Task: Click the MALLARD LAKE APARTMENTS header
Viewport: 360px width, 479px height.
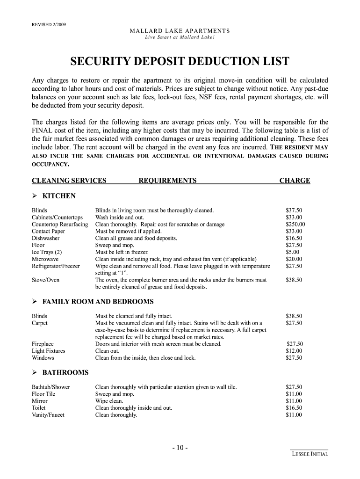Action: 180,31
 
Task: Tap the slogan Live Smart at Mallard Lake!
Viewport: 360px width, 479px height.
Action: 180,37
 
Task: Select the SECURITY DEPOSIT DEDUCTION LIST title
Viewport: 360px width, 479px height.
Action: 180,61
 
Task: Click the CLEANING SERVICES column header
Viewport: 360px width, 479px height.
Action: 69,181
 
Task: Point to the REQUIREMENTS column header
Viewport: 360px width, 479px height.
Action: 167,181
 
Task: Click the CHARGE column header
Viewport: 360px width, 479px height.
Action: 295,181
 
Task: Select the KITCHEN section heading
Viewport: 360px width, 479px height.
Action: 59,196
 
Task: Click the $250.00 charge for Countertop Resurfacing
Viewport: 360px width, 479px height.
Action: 295,225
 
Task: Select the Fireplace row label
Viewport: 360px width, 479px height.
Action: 43,344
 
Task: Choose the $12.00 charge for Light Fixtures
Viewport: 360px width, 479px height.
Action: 294,351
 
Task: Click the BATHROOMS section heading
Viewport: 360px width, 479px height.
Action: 65,372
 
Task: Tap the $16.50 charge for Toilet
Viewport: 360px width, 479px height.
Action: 294,408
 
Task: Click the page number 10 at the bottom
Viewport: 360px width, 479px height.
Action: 180,448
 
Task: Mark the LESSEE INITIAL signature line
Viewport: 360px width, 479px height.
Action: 309,450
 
